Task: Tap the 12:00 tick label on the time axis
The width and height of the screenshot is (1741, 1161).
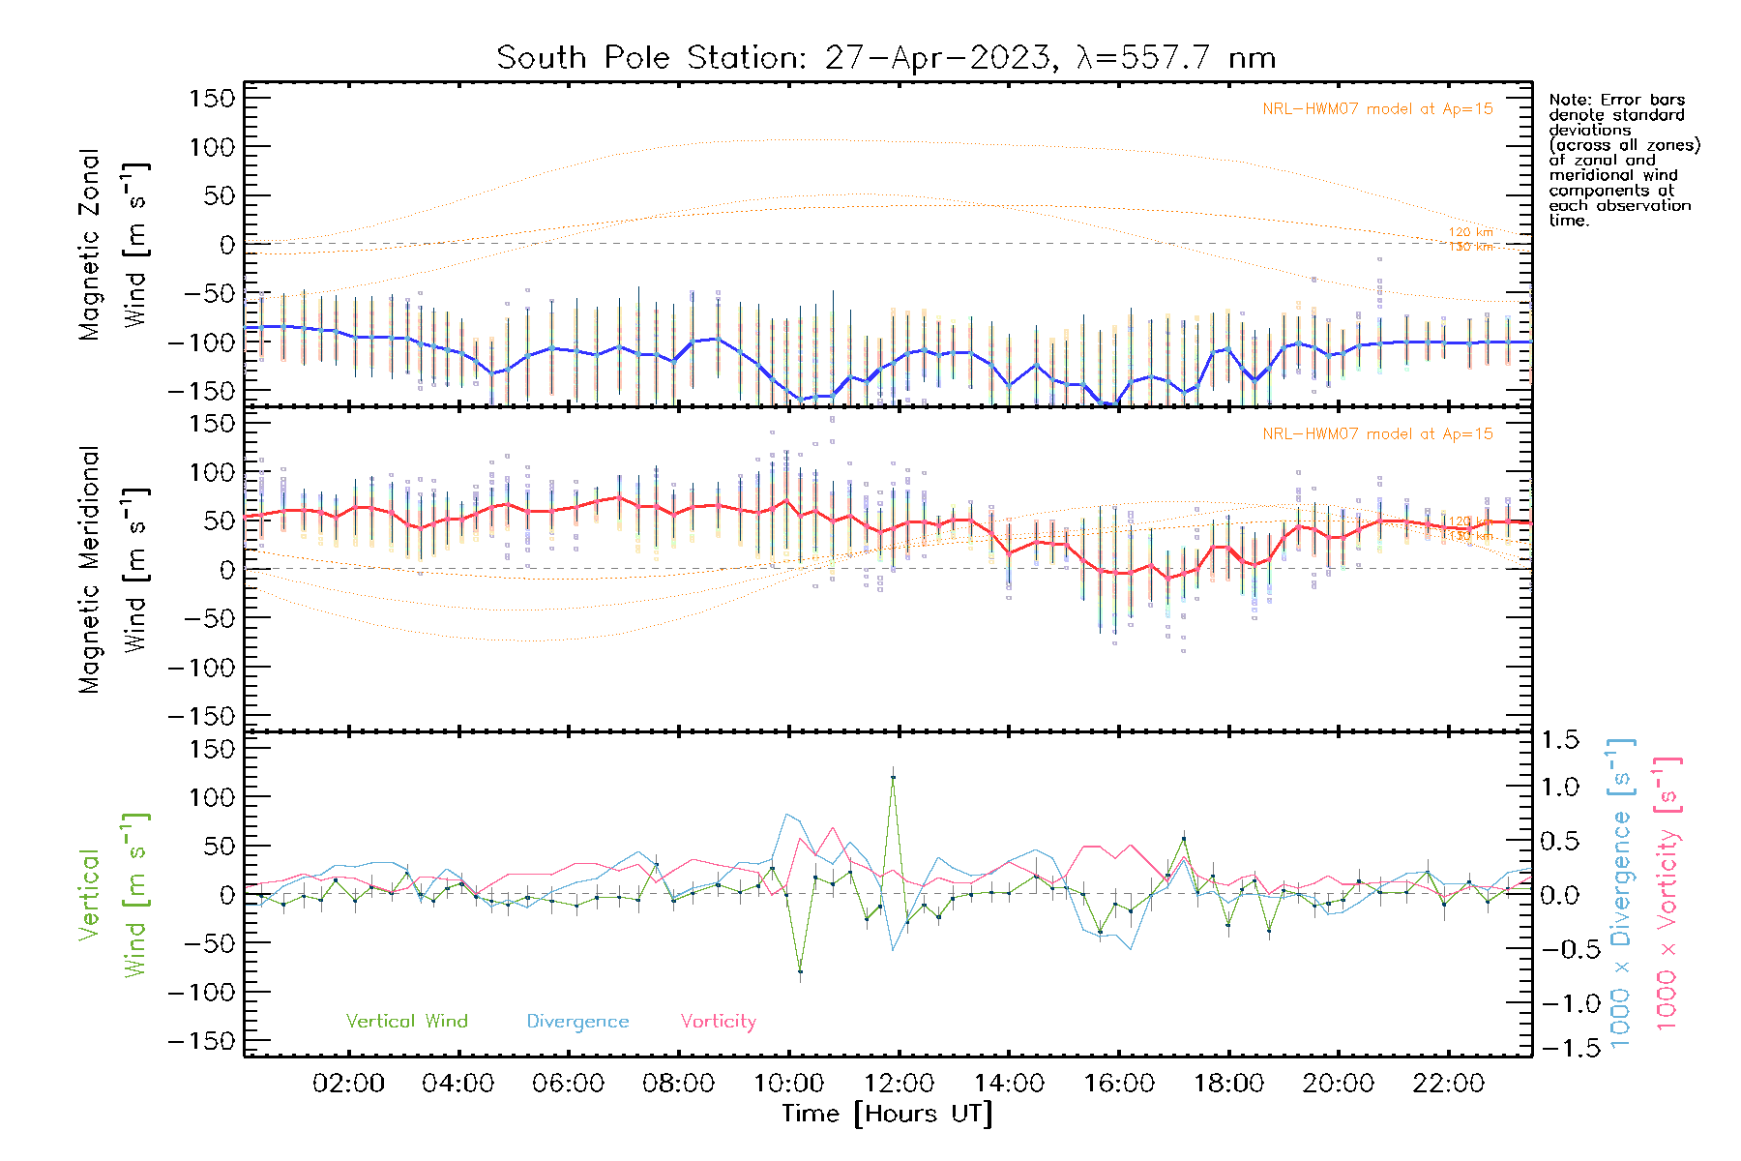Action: click(x=899, y=1084)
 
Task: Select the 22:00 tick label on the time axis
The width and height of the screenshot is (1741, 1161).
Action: click(x=1448, y=1084)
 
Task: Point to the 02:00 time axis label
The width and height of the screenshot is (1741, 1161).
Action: click(x=348, y=1084)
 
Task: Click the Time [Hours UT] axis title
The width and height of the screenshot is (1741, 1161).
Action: click(x=887, y=1115)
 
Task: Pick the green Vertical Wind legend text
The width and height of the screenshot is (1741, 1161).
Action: click(x=406, y=1022)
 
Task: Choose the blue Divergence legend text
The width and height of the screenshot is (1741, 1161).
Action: click(x=577, y=1022)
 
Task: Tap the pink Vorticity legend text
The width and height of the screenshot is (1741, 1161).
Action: click(x=718, y=1022)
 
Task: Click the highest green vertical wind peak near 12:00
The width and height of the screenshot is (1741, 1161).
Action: click(x=893, y=777)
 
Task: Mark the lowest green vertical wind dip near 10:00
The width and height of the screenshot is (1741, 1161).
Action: click(x=800, y=971)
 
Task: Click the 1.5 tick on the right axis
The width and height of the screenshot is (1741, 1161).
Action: click(x=1559, y=740)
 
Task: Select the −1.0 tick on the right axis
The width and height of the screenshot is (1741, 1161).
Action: click(x=1559, y=1003)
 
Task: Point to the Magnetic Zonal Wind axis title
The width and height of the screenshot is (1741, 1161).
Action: click(x=113, y=244)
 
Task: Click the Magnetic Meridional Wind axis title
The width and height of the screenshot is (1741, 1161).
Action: click(x=113, y=569)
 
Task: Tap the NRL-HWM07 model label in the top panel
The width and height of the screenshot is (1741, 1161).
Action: click(x=1377, y=109)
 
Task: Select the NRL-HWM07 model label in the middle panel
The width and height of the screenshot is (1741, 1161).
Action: click(x=1377, y=434)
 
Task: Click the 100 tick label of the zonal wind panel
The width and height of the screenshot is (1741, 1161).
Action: click(x=213, y=147)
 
